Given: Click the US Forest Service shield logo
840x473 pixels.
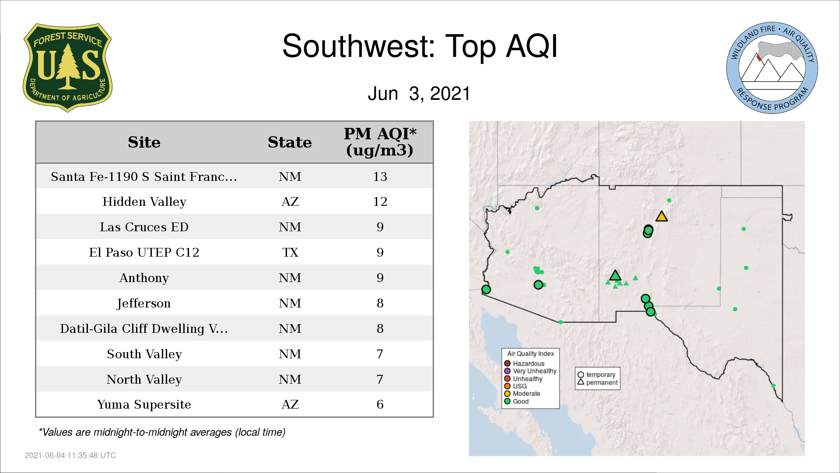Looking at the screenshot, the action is pos(67,67).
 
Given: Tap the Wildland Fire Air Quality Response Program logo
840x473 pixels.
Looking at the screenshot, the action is pos(772,68).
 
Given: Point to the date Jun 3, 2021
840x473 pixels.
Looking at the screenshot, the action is pos(419,93).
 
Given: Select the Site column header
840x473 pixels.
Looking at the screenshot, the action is pos(144,142).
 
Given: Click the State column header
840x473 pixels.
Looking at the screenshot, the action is pos(290,142).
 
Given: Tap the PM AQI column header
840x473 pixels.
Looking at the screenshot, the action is pos(380,142).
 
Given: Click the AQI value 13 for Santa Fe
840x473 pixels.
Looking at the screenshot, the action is pos(380,176).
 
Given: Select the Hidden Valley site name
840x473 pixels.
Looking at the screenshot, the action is pos(144,202).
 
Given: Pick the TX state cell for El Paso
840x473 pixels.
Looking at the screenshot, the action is pos(290,253).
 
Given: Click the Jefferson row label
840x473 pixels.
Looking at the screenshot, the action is pos(144,304).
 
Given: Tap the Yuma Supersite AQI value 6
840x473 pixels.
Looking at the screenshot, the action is pos(380,405).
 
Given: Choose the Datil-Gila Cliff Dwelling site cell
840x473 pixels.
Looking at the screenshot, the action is pos(144,329).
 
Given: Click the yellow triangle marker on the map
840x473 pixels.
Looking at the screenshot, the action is pos(661,216).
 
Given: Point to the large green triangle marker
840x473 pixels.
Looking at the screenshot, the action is pos(615,275).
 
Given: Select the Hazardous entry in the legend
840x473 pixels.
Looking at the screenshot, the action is pos(525,364).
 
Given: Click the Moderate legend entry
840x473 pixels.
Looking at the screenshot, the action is pos(522,394).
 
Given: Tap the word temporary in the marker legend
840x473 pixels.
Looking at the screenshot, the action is pos(601,375).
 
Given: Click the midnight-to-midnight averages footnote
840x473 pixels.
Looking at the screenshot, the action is pos(162,433).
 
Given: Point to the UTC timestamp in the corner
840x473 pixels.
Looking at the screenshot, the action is pos(70,455).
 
